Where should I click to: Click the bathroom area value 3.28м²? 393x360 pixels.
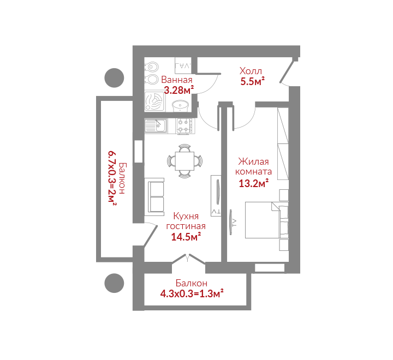click(178, 90)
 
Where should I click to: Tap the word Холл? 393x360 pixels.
click(251, 71)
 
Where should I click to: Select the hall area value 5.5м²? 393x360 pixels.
click(252, 81)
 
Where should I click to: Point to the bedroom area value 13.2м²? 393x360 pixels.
click(253, 183)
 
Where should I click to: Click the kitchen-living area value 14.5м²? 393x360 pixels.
click(186, 237)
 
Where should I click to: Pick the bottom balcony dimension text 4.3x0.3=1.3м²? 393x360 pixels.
click(192, 293)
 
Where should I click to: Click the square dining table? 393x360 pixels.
click(184, 161)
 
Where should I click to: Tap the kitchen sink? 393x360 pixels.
click(156, 126)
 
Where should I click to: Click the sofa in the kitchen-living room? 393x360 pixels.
click(154, 197)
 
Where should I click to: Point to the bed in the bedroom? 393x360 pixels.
click(267, 220)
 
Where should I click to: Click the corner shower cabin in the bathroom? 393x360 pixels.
click(154, 101)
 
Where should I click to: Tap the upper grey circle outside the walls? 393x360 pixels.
click(114, 78)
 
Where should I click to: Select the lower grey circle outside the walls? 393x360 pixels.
click(114, 283)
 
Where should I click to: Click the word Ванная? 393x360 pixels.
click(177, 80)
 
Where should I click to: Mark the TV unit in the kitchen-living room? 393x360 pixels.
click(216, 196)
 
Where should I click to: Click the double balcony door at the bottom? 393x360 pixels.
click(188, 259)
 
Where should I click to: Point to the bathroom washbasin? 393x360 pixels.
click(180, 106)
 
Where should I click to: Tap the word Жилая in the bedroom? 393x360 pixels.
click(253, 161)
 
